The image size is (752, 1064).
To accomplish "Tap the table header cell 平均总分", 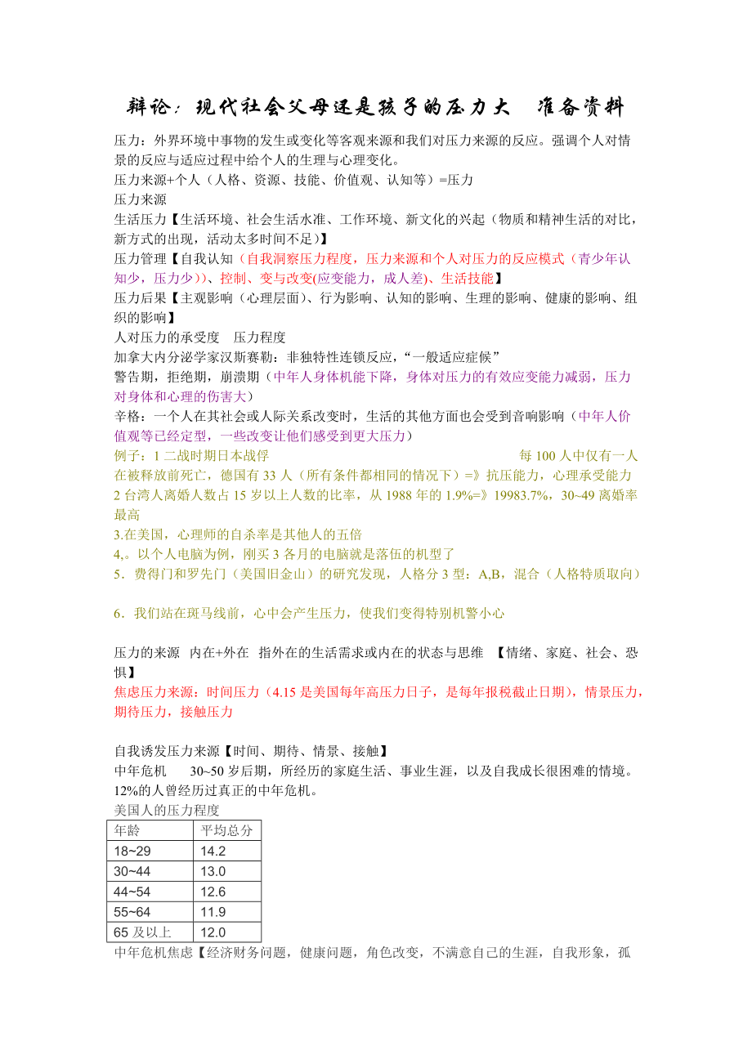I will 226,830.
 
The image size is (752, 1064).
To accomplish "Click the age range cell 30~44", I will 133,871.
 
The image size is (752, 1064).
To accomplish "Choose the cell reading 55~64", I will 133,912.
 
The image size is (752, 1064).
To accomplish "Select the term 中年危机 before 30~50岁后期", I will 141,771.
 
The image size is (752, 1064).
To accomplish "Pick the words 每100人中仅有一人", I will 579,455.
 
